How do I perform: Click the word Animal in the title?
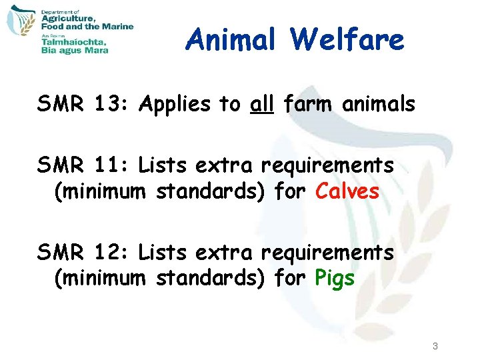pyautogui.click(x=231, y=40)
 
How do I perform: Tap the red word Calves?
pyautogui.click(x=347, y=192)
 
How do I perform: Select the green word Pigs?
pyautogui.click(x=335, y=279)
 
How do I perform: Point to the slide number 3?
pyautogui.click(x=435, y=346)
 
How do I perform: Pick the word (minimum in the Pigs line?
pyautogui.click(x=99, y=279)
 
